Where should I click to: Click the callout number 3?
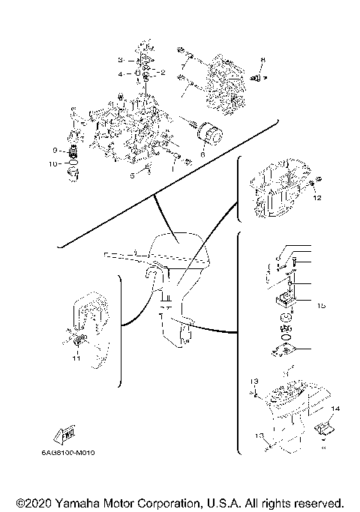point(119,59)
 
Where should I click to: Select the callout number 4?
point(119,74)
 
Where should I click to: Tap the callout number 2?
point(163,73)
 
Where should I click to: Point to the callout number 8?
point(263,59)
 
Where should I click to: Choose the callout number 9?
point(55,150)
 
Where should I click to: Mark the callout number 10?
point(53,163)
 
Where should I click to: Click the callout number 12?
point(317,199)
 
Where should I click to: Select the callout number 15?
point(320,306)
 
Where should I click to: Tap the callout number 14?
point(334,408)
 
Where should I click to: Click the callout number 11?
point(76,358)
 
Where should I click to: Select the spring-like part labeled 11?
point(79,342)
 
